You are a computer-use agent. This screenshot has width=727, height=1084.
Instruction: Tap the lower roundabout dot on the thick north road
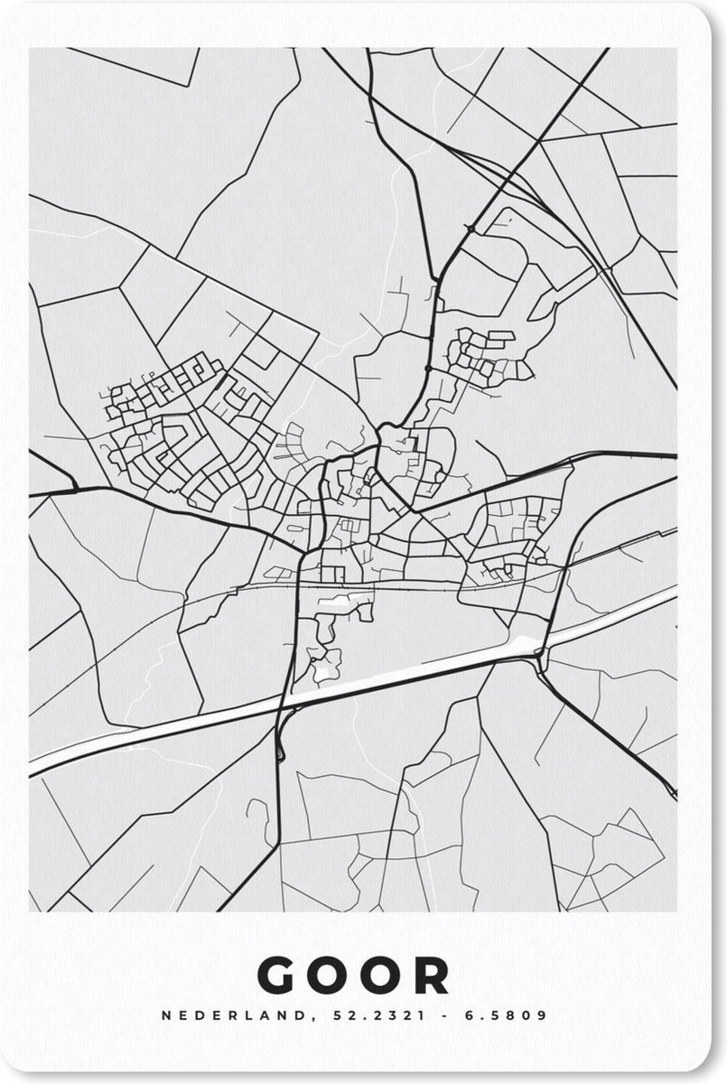tap(426, 369)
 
